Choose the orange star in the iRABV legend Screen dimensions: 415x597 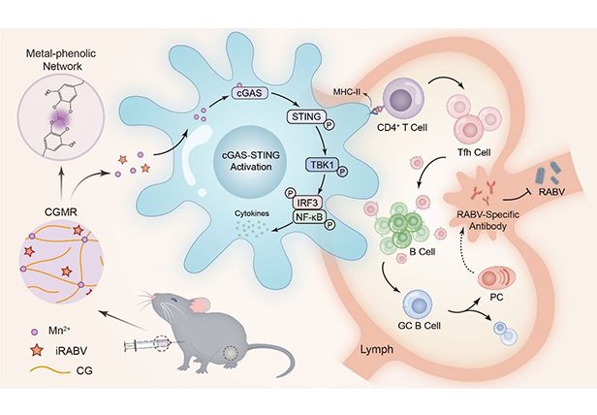36,352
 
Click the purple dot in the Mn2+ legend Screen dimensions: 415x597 36,330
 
